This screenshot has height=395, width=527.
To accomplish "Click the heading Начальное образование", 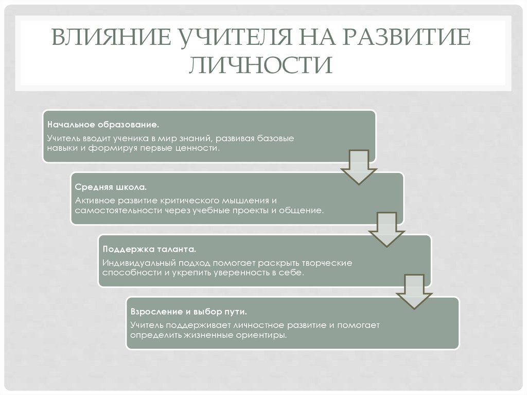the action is pyautogui.click(x=103, y=125).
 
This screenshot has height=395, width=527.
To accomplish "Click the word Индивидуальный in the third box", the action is pyautogui.click(x=135, y=263).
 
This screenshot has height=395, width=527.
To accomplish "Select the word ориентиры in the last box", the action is pyautogui.click(x=262, y=335).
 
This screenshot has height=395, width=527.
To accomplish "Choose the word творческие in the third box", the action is pyautogui.click(x=326, y=263).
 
